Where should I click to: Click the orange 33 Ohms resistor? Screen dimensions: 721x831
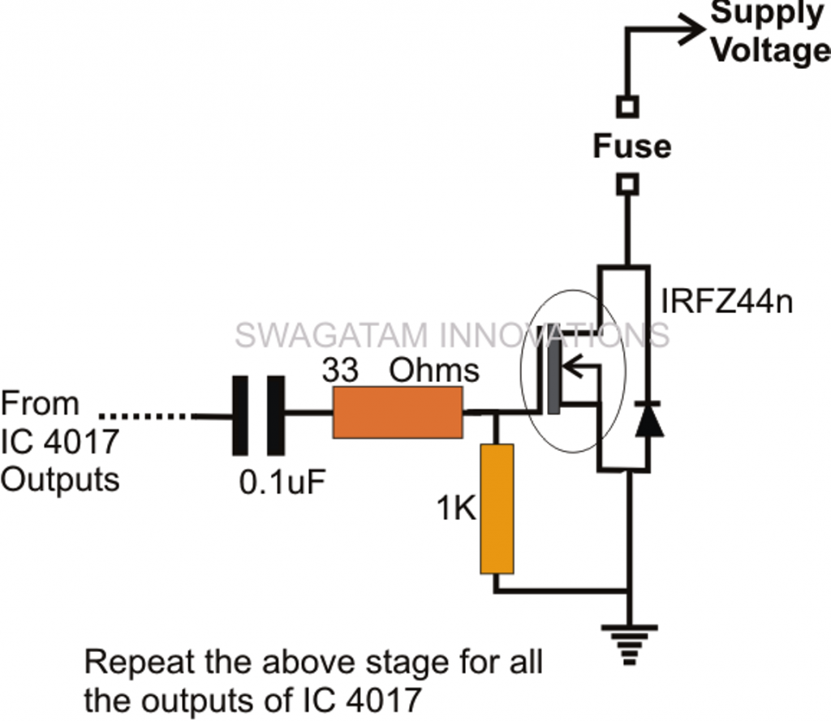click(x=398, y=412)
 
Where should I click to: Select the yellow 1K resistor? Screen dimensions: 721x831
click(x=497, y=509)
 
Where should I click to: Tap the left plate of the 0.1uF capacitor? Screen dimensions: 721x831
click(x=240, y=415)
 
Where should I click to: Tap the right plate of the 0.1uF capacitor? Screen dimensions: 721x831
click(x=278, y=415)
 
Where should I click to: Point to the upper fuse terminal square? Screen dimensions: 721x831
click(x=628, y=106)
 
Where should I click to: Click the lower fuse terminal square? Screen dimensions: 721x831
click(x=628, y=184)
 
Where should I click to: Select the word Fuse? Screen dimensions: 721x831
click(x=631, y=147)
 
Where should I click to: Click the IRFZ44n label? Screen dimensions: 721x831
click(x=726, y=302)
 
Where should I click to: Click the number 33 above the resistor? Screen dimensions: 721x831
click(x=340, y=371)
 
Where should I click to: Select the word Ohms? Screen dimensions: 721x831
click(x=434, y=371)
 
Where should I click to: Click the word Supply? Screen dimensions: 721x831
click(x=767, y=14)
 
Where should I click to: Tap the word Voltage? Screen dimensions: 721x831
click(x=771, y=50)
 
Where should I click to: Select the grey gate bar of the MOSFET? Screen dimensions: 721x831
click(x=553, y=368)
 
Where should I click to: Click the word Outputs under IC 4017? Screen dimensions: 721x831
click(x=60, y=479)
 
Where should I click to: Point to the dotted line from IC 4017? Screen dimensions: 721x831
click(x=150, y=416)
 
